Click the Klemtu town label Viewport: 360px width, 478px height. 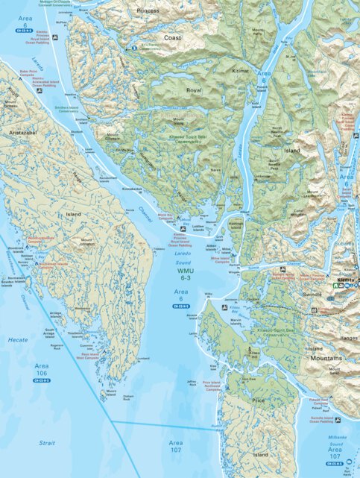pyautogui.click(x=345, y=279)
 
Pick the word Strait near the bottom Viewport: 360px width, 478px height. pyautogui.click(x=47, y=443)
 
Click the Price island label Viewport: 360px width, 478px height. pyautogui.click(x=259, y=400)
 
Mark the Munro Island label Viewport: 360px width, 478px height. pyautogui.click(x=110, y=392)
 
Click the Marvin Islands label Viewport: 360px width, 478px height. pyautogui.click(x=237, y=321)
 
